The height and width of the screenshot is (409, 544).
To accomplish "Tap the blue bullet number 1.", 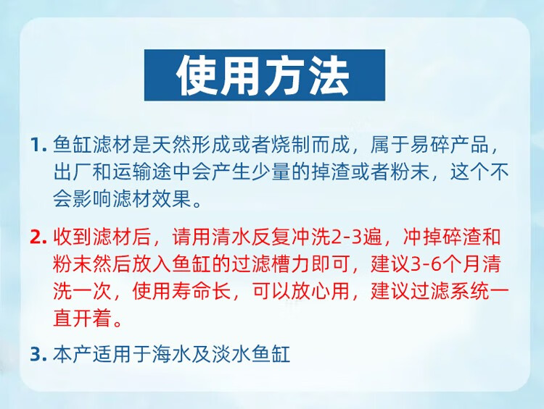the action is click(38, 145).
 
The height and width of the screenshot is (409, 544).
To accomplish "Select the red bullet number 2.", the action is click(38, 237).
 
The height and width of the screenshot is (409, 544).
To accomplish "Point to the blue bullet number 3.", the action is click(38, 354).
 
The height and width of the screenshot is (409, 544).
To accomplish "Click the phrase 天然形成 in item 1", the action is click(191, 144).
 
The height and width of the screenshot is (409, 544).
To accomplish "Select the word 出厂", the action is click(73, 172).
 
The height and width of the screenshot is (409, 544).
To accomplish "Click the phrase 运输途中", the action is click(152, 172).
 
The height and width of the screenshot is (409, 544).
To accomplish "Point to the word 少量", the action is click(271, 172).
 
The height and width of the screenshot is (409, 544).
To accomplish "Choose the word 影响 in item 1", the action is click(93, 199).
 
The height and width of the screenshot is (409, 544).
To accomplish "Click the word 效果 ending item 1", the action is click(172, 199).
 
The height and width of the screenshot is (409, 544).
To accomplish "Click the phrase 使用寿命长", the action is click(182, 291).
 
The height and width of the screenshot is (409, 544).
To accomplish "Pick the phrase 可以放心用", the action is click(301, 291).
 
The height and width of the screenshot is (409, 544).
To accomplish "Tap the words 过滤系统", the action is click(450, 291).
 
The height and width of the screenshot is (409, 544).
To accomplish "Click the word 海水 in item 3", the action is click(172, 354).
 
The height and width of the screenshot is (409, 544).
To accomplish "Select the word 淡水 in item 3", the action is click(231, 354).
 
